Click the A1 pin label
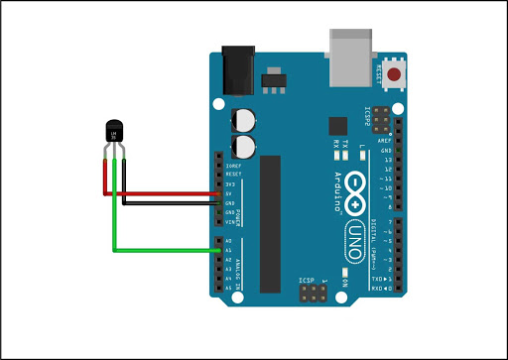tap(229, 251)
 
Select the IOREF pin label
tap(233, 166)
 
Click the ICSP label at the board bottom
tap(308, 283)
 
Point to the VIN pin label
tap(230, 222)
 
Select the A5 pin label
tap(229, 288)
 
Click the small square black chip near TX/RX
tap(338, 126)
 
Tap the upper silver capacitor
tap(243, 120)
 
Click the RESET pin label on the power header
tap(233, 175)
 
